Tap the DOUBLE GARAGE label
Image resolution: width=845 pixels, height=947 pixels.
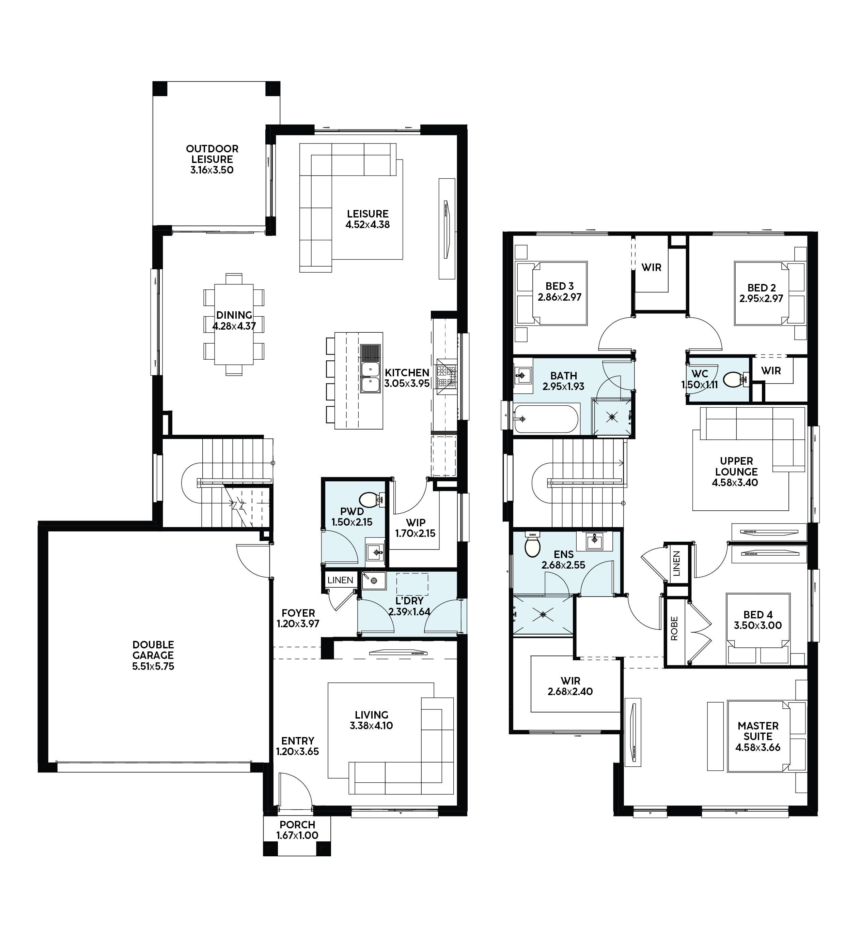coord(153,650)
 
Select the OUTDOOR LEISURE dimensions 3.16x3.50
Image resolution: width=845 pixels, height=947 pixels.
coord(212,170)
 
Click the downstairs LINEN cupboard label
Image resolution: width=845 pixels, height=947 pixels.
coord(340,580)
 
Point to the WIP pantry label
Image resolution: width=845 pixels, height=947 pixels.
coord(416,523)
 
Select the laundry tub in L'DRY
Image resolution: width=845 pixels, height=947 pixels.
coord(374,581)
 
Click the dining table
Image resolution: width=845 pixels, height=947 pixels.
coord(234,324)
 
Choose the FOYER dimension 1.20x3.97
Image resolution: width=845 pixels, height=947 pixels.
coord(298,624)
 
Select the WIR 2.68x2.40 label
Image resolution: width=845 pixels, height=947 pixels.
coord(570,686)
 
